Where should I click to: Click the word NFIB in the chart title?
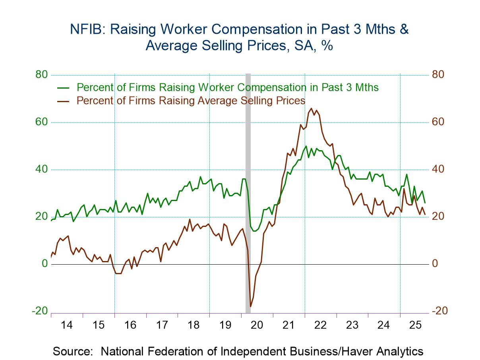pyautogui.click(x=85, y=29)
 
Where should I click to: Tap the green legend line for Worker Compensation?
pyautogui.click(x=64, y=87)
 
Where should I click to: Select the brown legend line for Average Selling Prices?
pyautogui.click(x=64, y=101)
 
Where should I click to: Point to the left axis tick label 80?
pyautogui.click(x=40, y=75)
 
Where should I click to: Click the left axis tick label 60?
pyautogui.click(x=40, y=122)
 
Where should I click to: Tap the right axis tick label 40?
pyautogui.click(x=438, y=169)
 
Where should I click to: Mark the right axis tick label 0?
pyautogui.click(x=435, y=264)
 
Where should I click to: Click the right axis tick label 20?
pyautogui.click(x=438, y=217)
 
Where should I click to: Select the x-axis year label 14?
pyautogui.click(x=67, y=325)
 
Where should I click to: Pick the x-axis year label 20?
pyautogui.click(x=257, y=325)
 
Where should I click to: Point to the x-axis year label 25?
pyautogui.click(x=415, y=325)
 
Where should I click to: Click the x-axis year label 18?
pyautogui.click(x=194, y=325)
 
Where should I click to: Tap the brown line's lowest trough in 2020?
pyautogui.click(x=250, y=306)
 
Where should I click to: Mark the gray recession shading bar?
pyautogui.click(x=248, y=191)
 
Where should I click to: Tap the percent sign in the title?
pyautogui.click(x=327, y=46)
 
